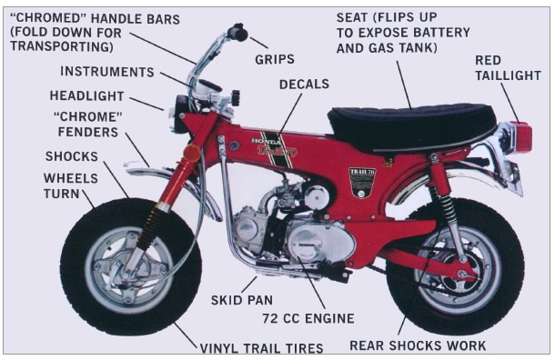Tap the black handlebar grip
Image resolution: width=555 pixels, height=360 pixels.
pyautogui.click(x=237, y=33)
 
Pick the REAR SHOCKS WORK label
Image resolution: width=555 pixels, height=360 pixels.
pyautogui.click(x=418, y=345)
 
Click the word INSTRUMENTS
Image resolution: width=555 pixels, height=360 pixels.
pyautogui.click(x=107, y=71)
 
